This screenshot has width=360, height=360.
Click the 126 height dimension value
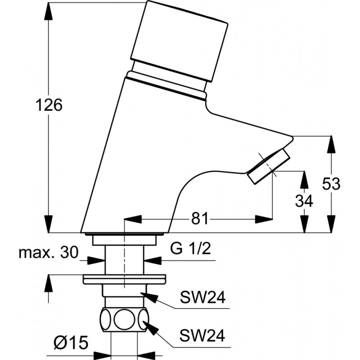[x=49, y=105]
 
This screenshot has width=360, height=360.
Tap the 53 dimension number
[x=331, y=184]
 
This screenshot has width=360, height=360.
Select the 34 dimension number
[x=304, y=201]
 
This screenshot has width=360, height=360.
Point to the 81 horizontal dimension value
[x=199, y=218]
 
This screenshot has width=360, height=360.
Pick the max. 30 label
[x=49, y=252]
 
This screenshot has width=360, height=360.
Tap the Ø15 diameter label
[x=71, y=343]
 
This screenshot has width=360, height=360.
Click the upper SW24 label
[x=202, y=297]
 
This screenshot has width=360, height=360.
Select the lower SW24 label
[x=202, y=335]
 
